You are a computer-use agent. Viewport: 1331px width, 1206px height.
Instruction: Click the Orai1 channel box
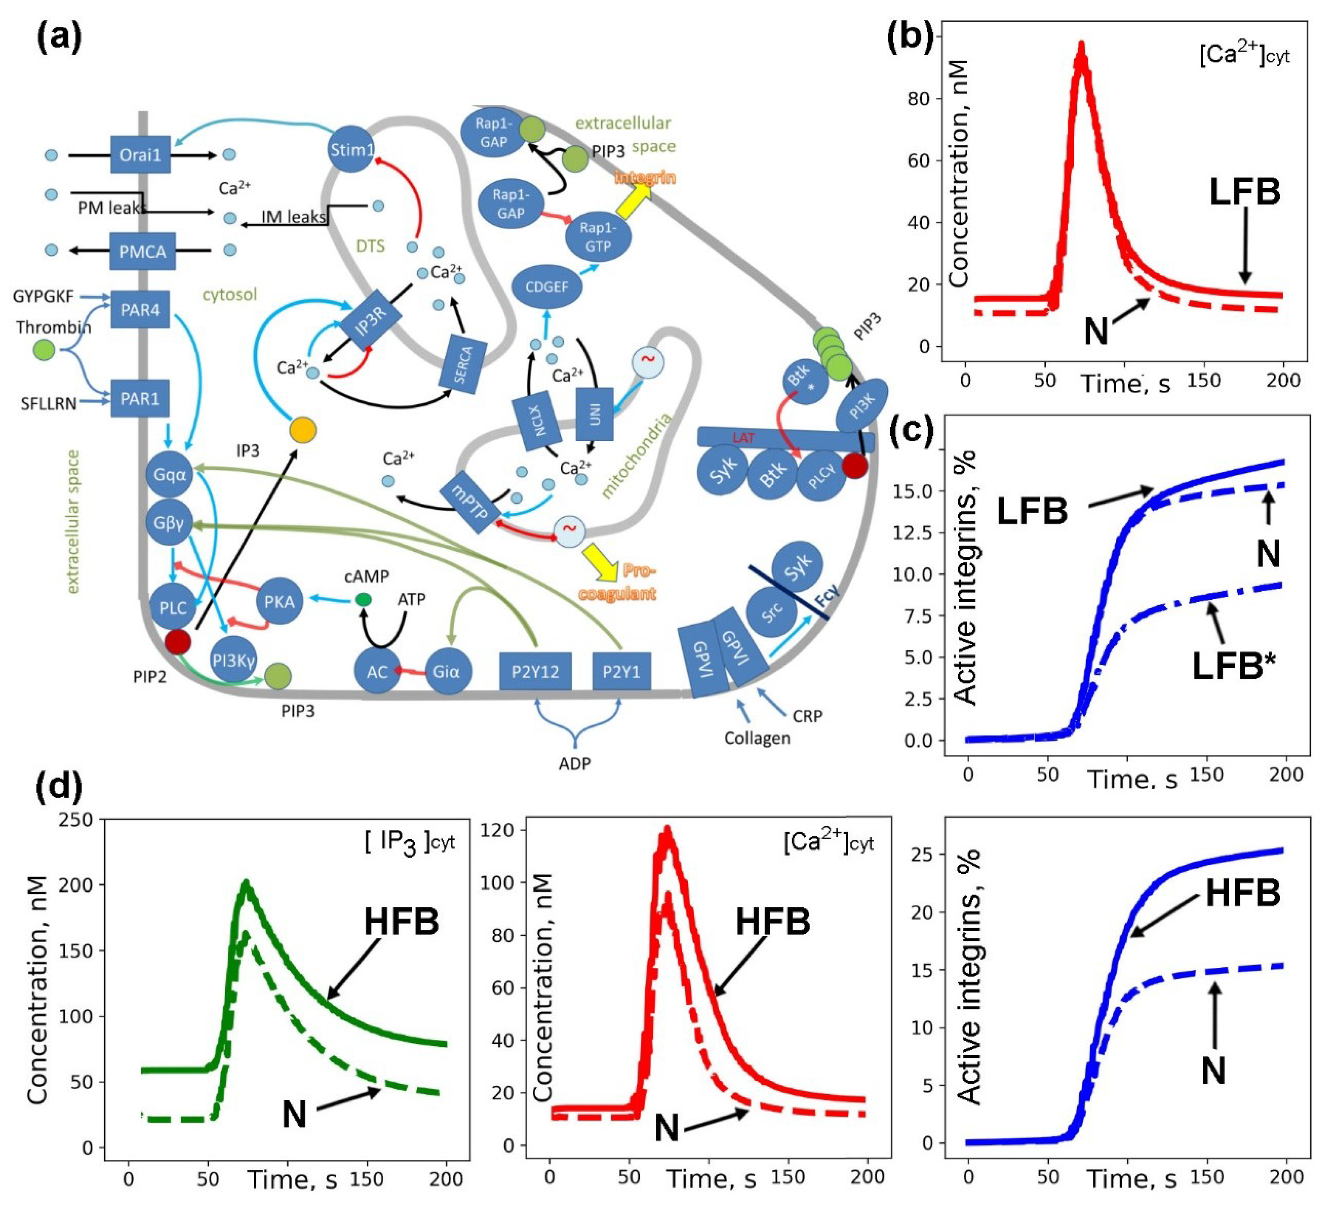140,155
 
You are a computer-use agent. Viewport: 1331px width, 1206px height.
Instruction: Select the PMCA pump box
143,251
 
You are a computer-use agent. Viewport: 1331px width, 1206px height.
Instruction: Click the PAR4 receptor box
140,309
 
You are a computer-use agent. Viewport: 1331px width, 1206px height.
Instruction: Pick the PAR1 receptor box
140,398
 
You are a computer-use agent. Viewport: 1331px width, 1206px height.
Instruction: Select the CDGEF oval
546,287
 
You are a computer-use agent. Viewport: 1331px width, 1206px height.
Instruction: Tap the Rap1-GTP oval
598,237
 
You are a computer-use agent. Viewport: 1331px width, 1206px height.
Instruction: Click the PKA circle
279,601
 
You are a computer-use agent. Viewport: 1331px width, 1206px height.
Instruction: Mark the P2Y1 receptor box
621,672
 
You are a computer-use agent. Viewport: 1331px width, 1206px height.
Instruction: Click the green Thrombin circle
44,349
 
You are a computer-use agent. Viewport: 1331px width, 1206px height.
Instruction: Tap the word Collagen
757,738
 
